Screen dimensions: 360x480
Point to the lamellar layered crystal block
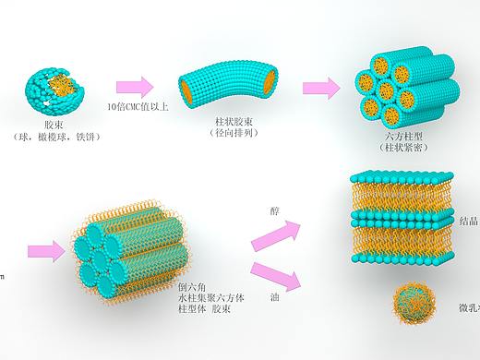pyautogui.click(x=400, y=219)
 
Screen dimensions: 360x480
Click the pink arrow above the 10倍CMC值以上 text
pyautogui.click(x=135, y=87)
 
